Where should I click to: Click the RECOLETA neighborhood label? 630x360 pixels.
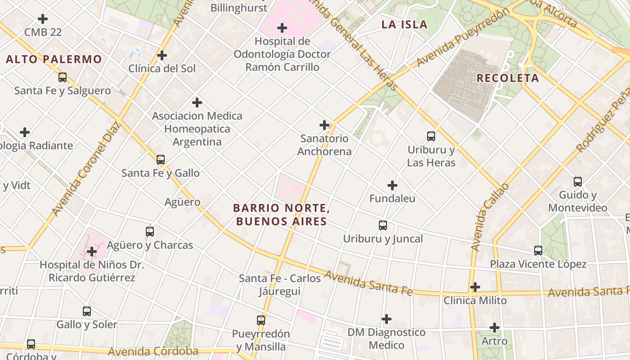tap(508, 78)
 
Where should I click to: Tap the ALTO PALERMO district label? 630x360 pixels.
tap(54, 59)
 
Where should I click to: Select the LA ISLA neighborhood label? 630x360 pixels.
tap(404, 25)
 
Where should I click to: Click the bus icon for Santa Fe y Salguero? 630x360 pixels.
tap(63, 77)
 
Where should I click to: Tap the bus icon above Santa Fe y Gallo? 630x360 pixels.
tap(161, 160)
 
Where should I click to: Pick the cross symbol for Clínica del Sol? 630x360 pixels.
tap(162, 56)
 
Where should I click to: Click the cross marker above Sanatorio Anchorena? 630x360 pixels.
tap(324, 125)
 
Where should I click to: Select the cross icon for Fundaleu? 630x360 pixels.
tap(392, 185)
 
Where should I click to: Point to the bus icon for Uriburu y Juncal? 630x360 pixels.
tap(383, 225)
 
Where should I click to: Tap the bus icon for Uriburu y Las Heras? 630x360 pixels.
tap(431, 136)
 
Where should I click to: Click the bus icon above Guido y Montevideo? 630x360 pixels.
tap(578, 182)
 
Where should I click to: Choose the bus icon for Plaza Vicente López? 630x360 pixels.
tap(538, 251)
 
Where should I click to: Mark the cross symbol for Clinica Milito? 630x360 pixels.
tap(475, 287)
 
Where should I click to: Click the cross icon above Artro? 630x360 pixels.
tap(495, 328)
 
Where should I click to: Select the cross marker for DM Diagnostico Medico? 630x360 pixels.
tap(387, 319)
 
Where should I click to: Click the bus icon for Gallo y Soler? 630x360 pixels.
tap(87, 311)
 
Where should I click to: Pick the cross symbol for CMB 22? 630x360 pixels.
tap(43, 19)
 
